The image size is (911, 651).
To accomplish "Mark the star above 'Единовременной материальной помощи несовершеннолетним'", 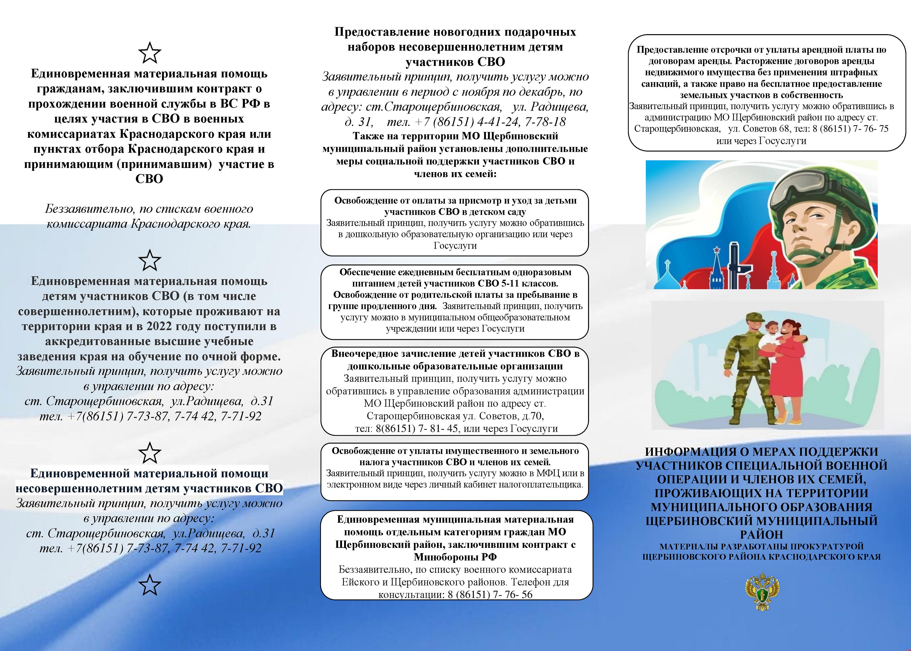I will pos(149,453).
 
